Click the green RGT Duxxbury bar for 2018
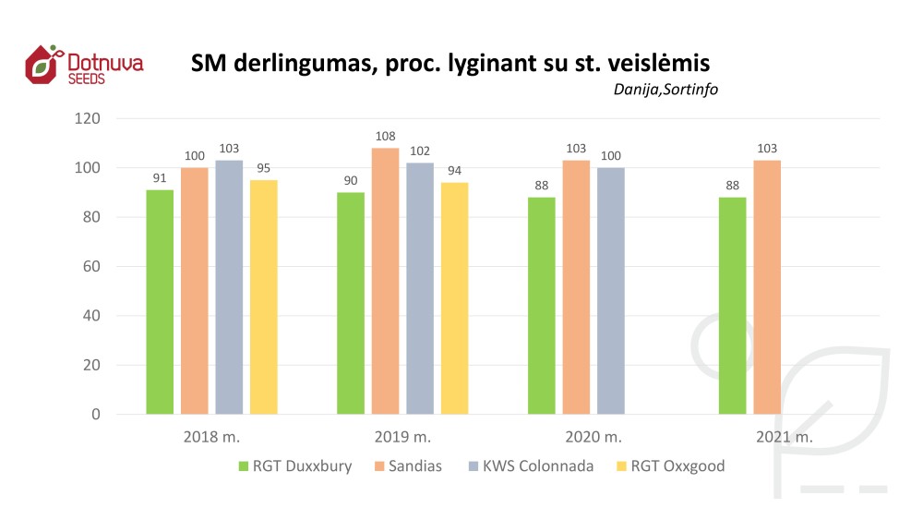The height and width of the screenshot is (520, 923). pos(160,302)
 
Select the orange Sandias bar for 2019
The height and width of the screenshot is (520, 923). pos(385,281)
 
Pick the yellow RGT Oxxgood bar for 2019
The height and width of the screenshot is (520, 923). pos(454,298)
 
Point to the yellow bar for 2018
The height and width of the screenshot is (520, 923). pos(263,297)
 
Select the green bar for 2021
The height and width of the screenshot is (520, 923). pos(732,306)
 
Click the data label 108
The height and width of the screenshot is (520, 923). pos(385,137)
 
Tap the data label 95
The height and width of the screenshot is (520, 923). pos(263,168)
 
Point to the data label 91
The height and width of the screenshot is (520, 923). pos(160,178)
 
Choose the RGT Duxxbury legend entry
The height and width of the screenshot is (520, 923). pos(294,466)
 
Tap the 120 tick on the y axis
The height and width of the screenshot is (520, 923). pos(89,119)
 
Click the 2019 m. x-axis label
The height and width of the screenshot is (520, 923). pos(402,437)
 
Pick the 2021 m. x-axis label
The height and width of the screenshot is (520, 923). pos(783,437)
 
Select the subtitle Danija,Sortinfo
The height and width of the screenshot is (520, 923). pos(665,90)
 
